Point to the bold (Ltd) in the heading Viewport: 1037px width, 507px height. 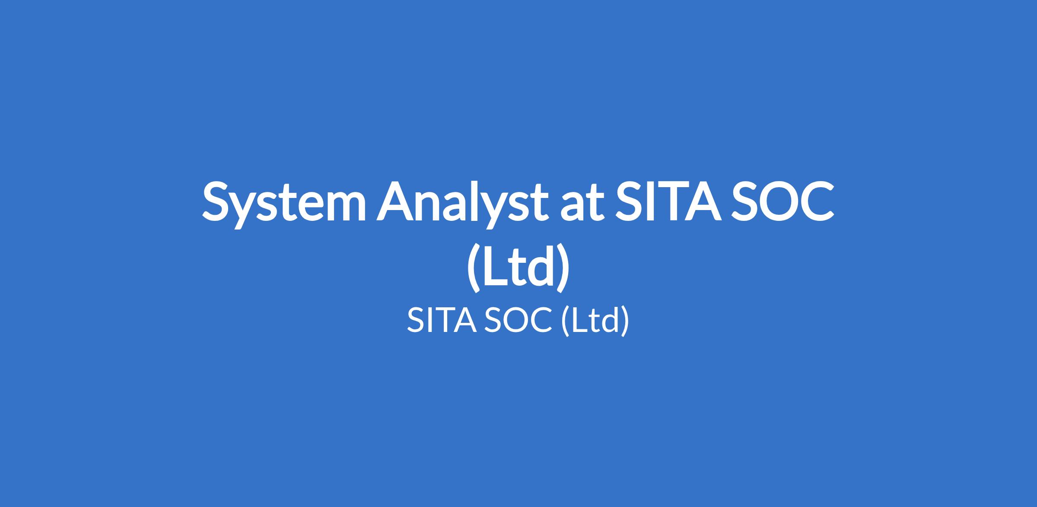[518, 268]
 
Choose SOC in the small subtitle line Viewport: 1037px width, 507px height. [518, 320]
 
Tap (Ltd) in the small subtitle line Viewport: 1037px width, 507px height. [595, 320]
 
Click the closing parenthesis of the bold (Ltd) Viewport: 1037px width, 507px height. [563, 268]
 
